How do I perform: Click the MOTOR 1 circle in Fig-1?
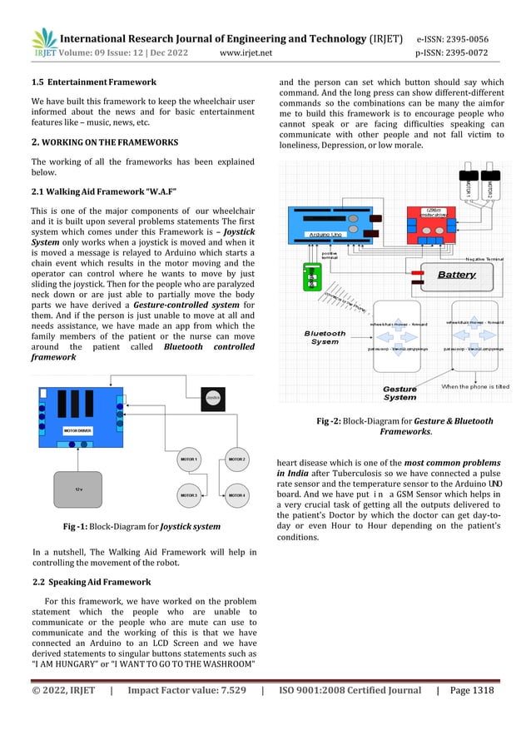pyautogui.click(x=190, y=459)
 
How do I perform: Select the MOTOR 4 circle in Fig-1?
pyautogui.click(x=236, y=495)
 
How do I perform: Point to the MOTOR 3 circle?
pyautogui.click(x=190, y=495)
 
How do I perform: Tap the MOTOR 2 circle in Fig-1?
pyautogui.click(x=236, y=459)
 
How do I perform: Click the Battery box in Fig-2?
pyautogui.click(x=454, y=273)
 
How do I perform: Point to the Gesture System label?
pyautogui.click(x=399, y=392)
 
